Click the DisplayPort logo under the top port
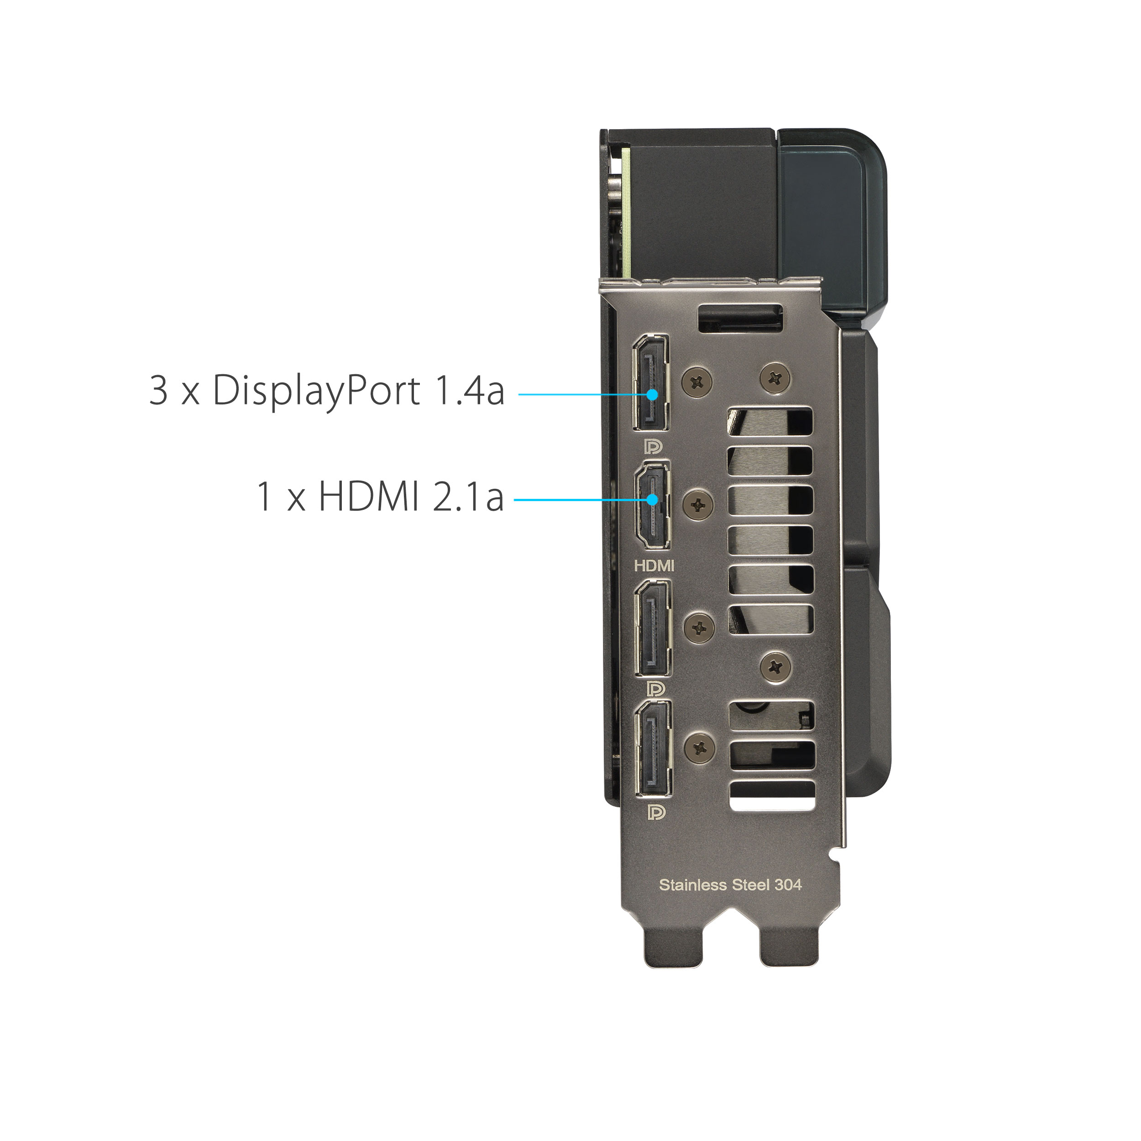pos(654,446)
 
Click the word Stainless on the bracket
pos(693,901)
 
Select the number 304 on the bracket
pos(787,901)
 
